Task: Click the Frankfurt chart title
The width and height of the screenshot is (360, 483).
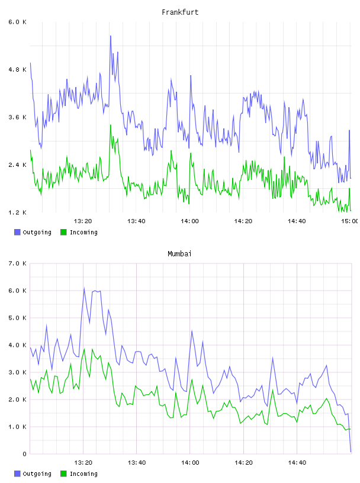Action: tap(180, 12)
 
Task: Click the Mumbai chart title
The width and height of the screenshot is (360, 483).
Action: tap(179, 254)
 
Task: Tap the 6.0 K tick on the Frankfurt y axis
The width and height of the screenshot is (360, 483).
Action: tap(18, 22)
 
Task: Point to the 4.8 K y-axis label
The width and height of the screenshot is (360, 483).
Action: tap(18, 70)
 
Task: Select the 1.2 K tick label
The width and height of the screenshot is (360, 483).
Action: tap(18, 212)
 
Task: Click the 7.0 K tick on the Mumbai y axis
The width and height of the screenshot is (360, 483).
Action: tap(18, 263)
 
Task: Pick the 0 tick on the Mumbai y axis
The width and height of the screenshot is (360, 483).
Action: tap(25, 454)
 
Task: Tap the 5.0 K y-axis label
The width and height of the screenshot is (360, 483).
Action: tap(18, 318)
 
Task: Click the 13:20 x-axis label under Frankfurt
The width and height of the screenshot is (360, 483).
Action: tap(83, 221)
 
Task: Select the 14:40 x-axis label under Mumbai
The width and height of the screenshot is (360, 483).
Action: tap(297, 463)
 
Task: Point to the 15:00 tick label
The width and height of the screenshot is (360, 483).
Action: tap(350, 221)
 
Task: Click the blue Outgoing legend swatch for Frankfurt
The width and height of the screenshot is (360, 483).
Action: tap(17, 232)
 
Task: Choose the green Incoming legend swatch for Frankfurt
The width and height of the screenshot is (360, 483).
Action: tap(63, 232)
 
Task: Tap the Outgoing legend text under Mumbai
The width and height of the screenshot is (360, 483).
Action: tap(37, 474)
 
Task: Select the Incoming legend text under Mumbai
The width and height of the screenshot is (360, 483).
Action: tap(83, 474)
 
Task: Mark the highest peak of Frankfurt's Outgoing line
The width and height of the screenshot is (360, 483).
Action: tap(111, 36)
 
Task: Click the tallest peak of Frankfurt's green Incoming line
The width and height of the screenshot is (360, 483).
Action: tap(111, 125)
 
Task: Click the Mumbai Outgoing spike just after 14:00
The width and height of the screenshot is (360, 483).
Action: tap(192, 331)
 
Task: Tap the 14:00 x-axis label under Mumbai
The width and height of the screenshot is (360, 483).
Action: tap(190, 463)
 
